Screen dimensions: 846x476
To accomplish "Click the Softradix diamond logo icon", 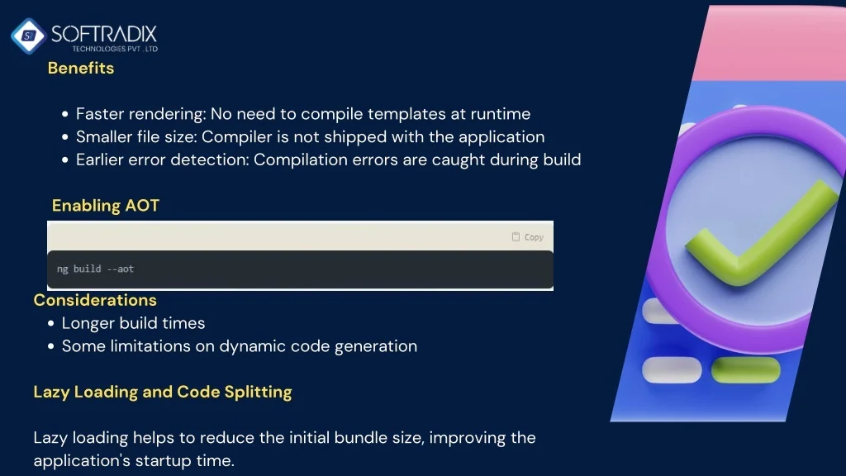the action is [29, 36].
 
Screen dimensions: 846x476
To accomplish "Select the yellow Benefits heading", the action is [81, 68].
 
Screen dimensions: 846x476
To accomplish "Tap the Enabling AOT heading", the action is [106, 206].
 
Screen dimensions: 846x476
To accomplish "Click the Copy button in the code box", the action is [528, 237].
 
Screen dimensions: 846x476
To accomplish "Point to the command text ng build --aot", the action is [96, 269].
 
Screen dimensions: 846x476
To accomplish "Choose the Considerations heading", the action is [95, 300].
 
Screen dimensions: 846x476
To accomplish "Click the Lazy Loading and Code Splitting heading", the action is [163, 392].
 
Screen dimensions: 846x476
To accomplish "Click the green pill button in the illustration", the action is [746, 370].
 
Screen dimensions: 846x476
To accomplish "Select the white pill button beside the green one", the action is [672, 370].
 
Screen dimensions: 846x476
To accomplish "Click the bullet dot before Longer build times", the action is [50, 323].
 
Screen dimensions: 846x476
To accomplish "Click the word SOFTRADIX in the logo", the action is [103, 35].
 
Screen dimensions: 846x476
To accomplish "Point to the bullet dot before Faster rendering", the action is [64, 114].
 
